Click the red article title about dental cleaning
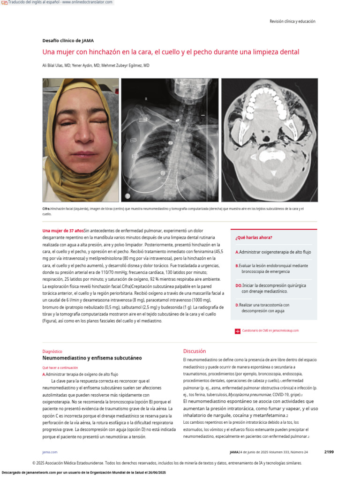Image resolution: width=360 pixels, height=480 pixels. point(171,52)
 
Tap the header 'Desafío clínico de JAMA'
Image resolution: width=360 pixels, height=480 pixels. point(68,41)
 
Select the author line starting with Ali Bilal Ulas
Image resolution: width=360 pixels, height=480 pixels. point(96,66)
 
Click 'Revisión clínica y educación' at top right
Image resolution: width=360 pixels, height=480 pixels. point(292,21)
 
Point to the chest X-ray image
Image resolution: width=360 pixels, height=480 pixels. point(169,140)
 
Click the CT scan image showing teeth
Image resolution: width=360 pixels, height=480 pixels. point(269,140)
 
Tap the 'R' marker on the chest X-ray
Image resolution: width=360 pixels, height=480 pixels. point(146,99)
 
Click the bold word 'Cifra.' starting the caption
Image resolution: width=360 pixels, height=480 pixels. point(46,208)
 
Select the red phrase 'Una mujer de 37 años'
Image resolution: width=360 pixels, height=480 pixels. point(63,231)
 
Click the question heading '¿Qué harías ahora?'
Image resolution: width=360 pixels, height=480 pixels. point(254,238)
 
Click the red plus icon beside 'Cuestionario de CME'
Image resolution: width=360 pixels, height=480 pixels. point(237,331)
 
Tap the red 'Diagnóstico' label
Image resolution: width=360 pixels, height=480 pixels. point(52,351)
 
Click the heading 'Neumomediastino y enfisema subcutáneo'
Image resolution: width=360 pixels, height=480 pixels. point(92,358)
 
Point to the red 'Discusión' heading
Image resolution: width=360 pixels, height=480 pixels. point(194,351)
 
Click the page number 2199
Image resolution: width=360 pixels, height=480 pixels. point(329,452)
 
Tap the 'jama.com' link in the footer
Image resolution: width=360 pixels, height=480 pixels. point(50,452)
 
